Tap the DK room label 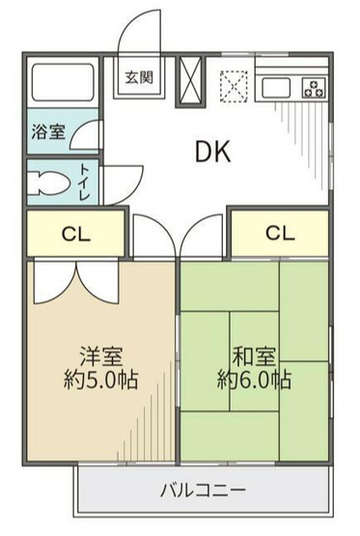click(213, 152)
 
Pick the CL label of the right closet click(279, 233)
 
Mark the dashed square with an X click(235, 85)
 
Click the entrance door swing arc click(135, 37)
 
